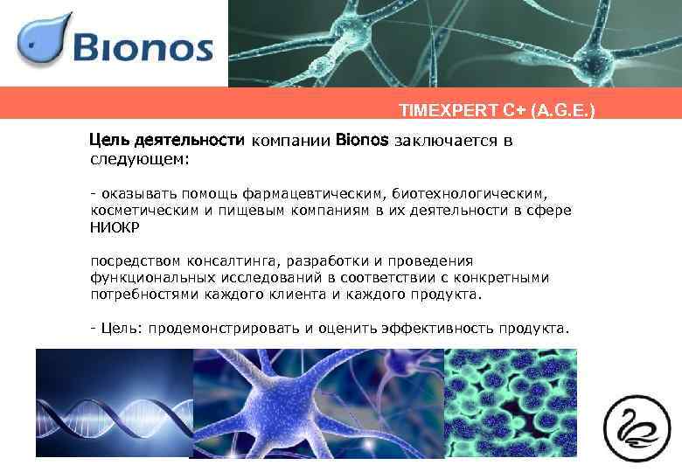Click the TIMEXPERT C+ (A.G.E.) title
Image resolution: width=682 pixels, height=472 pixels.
coord(497,111)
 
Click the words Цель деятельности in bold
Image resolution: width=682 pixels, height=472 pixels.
coord(169,140)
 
